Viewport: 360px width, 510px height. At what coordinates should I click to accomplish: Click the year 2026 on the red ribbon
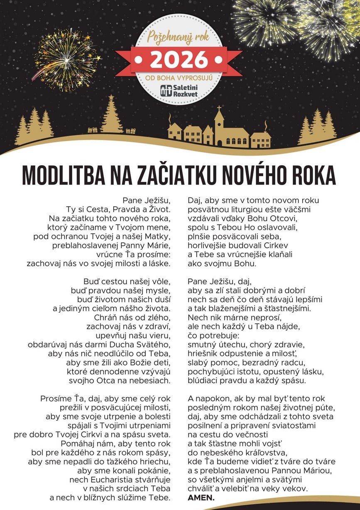click(179, 60)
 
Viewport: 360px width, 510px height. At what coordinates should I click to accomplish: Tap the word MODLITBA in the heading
click(62, 176)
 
